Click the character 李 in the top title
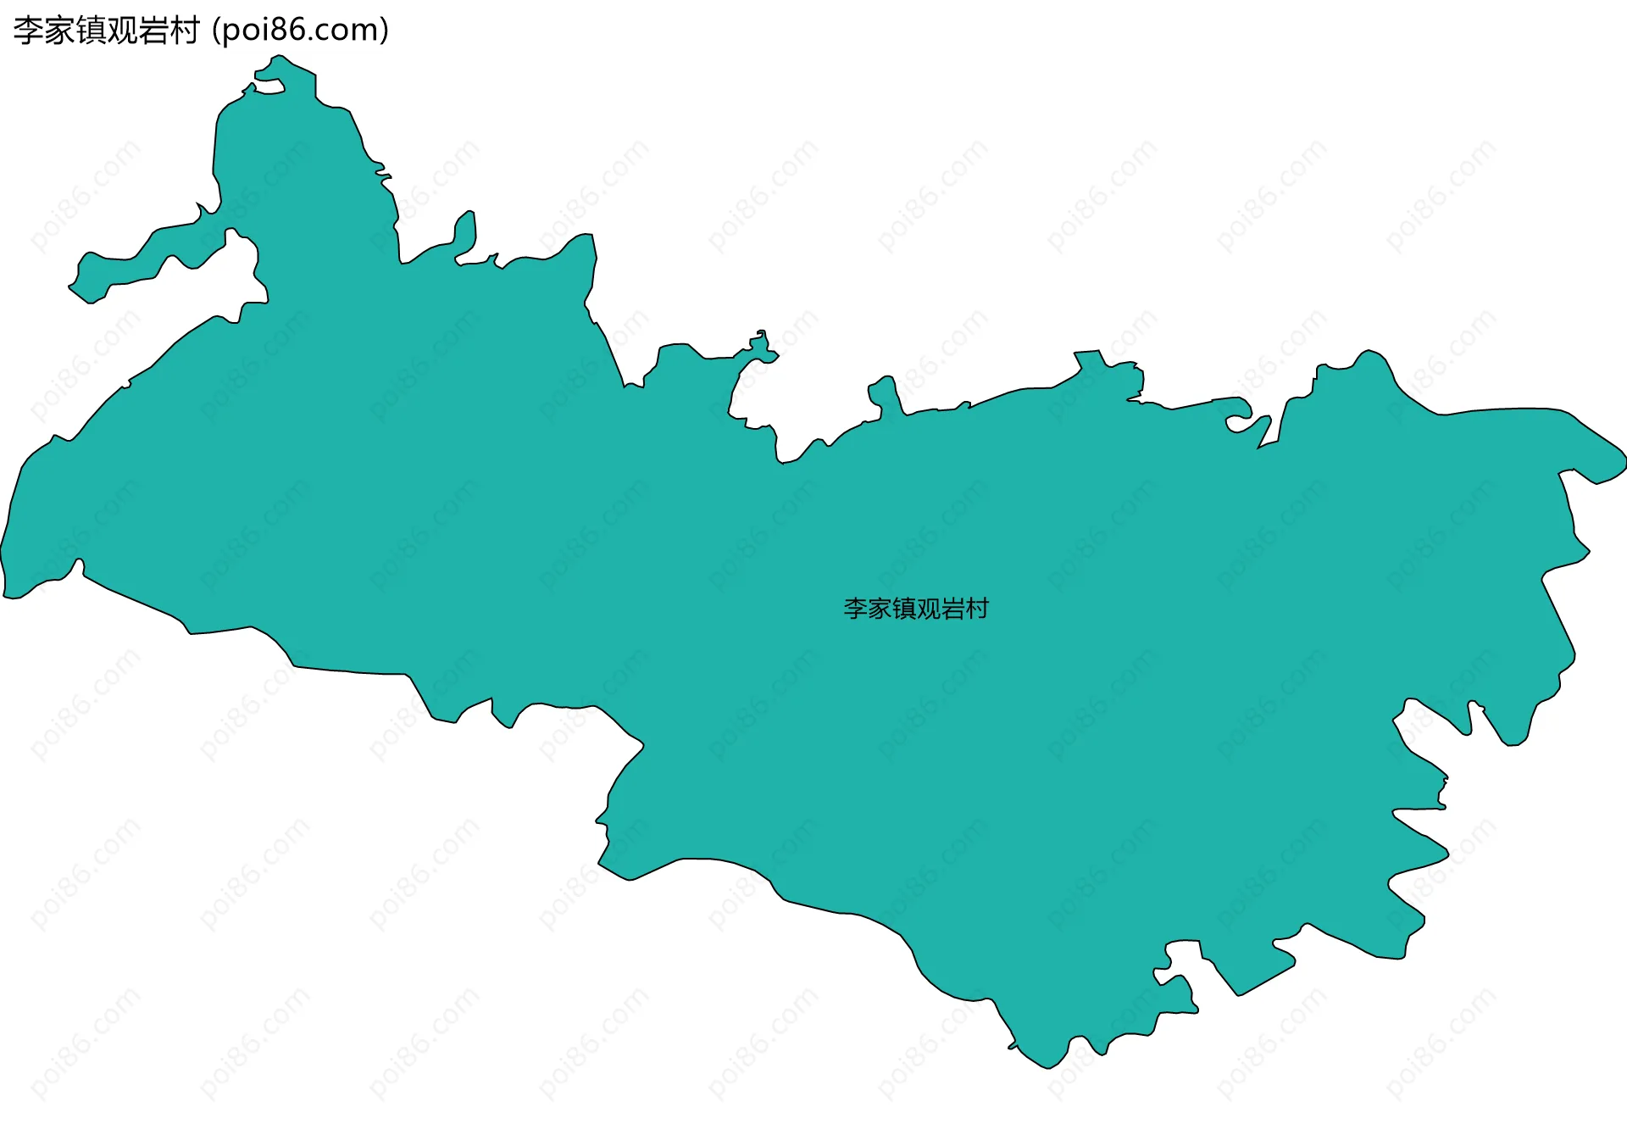pyautogui.click(x=28, y=31)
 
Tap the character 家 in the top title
pyautogui.click(x=59, y=31)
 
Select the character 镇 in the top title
pyautogui.click(x=91, y=31)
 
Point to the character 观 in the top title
pyautogui.click(x=122, y=31)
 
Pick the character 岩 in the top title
pyautogui.click(x=153, y=31)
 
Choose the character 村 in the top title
pyautogui.click(x=184, y=31)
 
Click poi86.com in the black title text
pyautogui.click(x=300, y=31)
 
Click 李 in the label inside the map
pyautogui.click(x=855, y=609)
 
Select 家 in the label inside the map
pyautogui.click(x=880, y=609)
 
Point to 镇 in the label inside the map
pyautogui.click(x=904, y=609)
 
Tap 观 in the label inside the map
pyautogui.click(x=929, y=609)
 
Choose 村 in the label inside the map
pyautogui.click(x=977, y=609)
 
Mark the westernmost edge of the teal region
pyautogui.click(x=3, y=551)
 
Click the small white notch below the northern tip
pyautogui.click(x=269, y=85)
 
